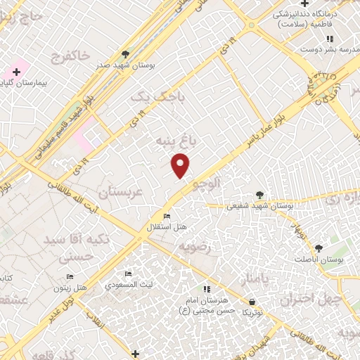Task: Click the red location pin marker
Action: pyautogui.click(x=181, y=165)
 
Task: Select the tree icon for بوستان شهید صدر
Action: pyautogui.click(x=125, y=53)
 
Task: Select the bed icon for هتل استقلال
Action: pyautogui.click(x=167, y=216)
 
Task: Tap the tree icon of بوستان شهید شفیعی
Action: pyautogui.click(x=260, y=195)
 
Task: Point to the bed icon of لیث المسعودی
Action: pyautogui.click(x=128, y=274)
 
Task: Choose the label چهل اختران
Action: pyautogui.click(x=309, y=300)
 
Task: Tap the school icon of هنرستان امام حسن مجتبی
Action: pyautogui.click(x=206, y=289)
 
